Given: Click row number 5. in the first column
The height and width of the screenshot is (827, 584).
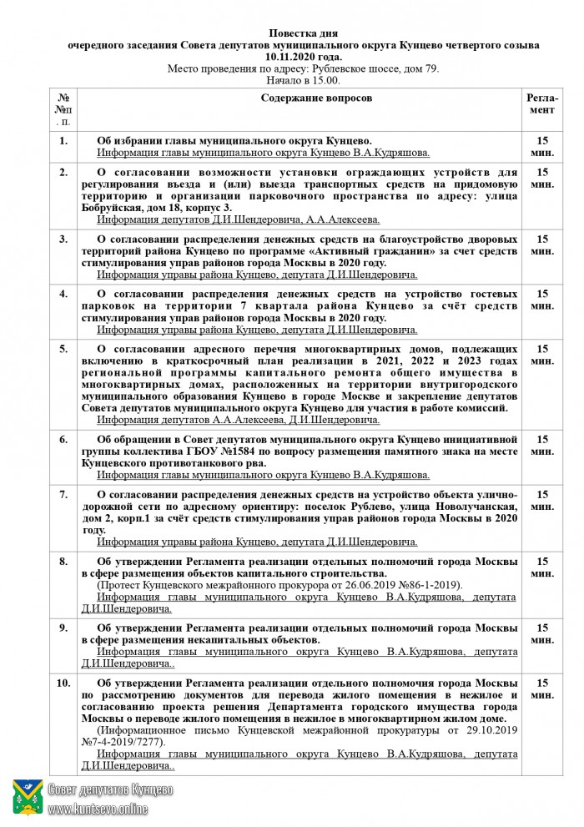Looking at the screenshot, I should tap(63, 348).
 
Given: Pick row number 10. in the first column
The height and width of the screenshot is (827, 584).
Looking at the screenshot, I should tap(63, 683).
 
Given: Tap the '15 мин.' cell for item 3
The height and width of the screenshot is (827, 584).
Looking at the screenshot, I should tap(541, 245).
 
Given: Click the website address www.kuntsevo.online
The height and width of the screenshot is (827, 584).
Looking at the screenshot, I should tap(98, 809).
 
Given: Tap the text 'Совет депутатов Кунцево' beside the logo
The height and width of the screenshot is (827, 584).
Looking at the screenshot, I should tap(110, 789).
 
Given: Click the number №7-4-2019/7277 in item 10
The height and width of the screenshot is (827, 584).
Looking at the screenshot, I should tap(123, 741).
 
